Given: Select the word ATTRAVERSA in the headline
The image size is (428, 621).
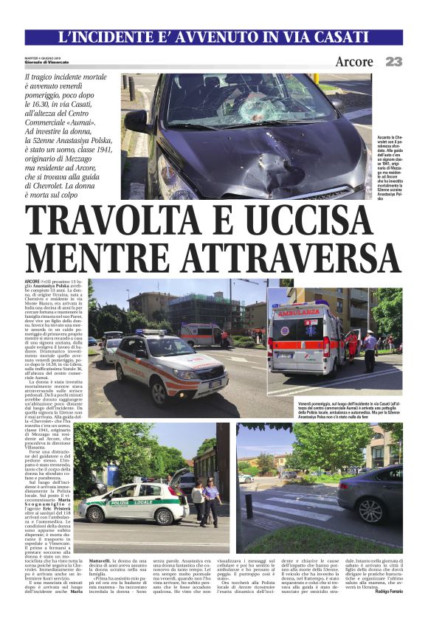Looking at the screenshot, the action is pyautogui.click(x=280, y=257).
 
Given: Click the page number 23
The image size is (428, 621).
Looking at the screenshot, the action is pyautogui.click(x=393, y=62).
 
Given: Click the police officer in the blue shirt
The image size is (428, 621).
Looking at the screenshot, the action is pyautogui.click(x=211, y=500).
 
